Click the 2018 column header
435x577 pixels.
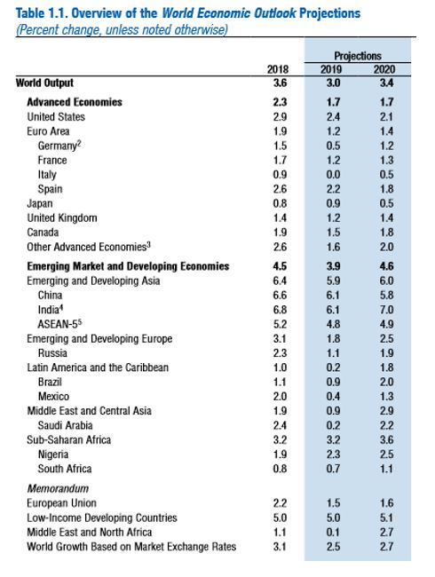pos(278,69)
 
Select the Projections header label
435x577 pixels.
pos(358,56)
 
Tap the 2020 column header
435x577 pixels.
pos(384,69)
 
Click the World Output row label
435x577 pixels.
pos(44,83)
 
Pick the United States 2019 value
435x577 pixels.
pos(333,117)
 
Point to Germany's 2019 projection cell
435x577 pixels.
pos(333,146)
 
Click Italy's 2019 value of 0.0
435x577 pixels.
pos(333,174)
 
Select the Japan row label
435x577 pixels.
pos(40,203)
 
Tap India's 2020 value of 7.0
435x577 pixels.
pos(386,310)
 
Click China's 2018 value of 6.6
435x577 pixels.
pos(280,295)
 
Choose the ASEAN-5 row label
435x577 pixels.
pos(59,324)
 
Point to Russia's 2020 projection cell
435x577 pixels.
pos(386,353)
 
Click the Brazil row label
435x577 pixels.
pos(50,382)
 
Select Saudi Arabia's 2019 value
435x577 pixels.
pos(333,425)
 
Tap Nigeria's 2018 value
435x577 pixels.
pos(280,454)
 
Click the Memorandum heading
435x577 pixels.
pos(58,488)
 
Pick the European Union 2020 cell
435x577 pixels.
pos(386,503)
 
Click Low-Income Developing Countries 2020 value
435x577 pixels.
pos(386,518)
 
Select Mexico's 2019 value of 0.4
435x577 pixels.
pos(333,396)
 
